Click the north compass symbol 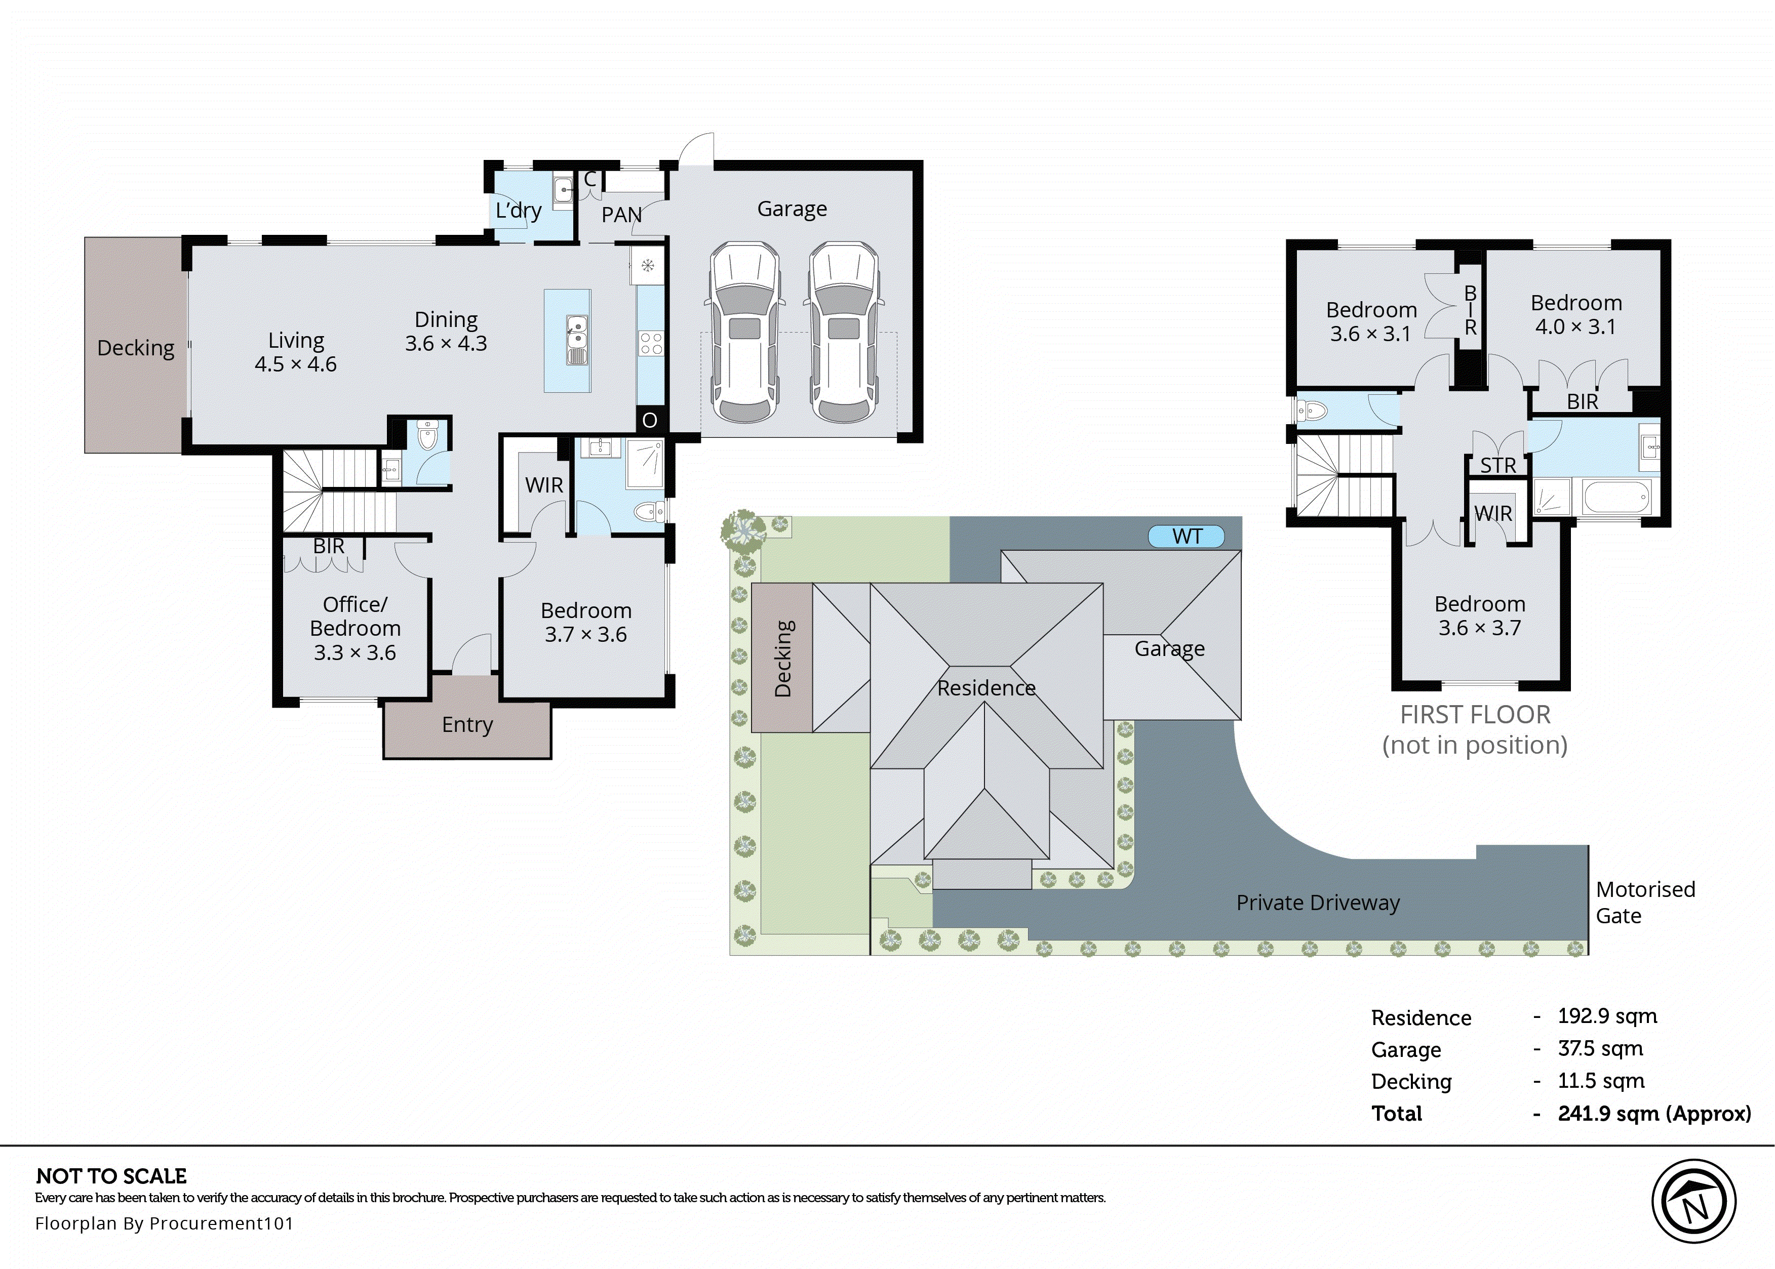coord(1693,1202)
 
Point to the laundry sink coord(563,190)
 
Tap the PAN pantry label coord(621,214)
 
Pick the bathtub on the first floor coord(1616,497)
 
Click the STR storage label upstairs coord(1497,466)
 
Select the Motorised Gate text coord(1644,902)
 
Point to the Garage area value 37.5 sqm coord(1599,1049)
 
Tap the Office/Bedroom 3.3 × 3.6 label coord(355,628)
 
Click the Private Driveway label coord(1317,903)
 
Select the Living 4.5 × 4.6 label coord(295,352)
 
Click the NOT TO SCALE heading coord(111,1176)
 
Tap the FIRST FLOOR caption coord(1474,714)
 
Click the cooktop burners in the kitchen coord(650,344)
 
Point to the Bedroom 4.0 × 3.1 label coord(1575,314)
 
